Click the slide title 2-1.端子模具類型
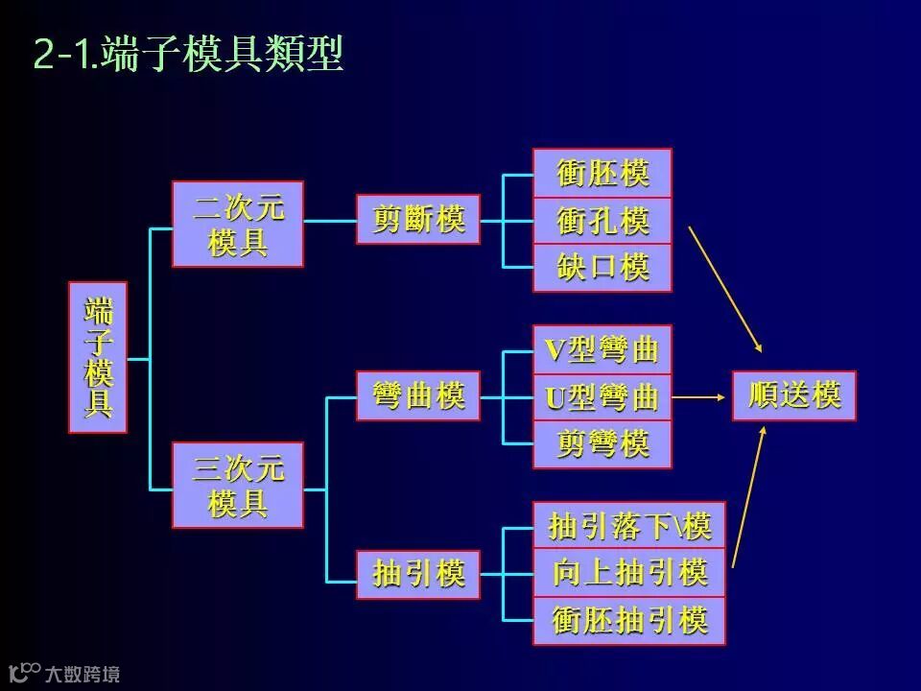(x=188, y=55)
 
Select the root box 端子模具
(x=98, y=357)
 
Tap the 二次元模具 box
(x=238, y=224)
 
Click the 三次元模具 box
(x=238, y=485)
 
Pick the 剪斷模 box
(x=418, y=220)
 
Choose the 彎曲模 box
(x=418, y=395)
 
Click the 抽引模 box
(x=418, y=574)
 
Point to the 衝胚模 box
(x=602, y=174)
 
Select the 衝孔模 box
(x=602, y=221)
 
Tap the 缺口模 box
(x=602, y=268)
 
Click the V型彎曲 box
(x=602, y=350)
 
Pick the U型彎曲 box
(x=602, y=396)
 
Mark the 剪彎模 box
(x=602, y=443)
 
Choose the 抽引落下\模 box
(x=629, y=526)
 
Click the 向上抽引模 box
(x=629, y=573)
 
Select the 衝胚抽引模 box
(x=629, y=620)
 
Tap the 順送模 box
(x=794, y=395)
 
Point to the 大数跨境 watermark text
(x=83, y=674)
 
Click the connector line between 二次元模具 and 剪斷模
(x=330, y=221)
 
